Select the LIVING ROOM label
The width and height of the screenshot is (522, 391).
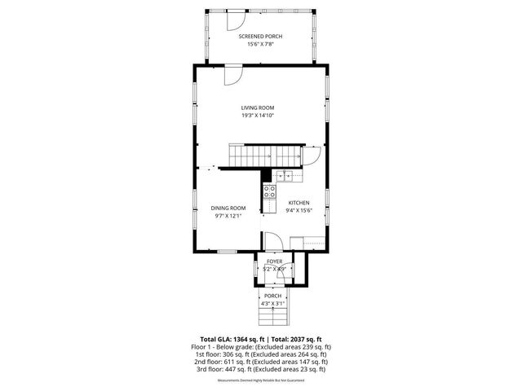pos(257,108)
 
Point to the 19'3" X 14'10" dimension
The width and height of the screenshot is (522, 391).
pos(257,116)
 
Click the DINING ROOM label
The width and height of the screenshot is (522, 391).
pos(228,208)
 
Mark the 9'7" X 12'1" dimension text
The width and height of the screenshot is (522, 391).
pos(228,216)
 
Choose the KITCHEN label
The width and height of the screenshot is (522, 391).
pos(299,202)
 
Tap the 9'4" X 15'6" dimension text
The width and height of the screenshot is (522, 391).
pos(299,210)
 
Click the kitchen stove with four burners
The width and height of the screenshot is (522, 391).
pos(269,192)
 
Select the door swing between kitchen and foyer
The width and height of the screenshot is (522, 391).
pos(273,240)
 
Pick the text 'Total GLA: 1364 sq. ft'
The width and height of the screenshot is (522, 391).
pos(231,339)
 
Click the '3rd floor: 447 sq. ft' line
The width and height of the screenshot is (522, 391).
pos(261,369)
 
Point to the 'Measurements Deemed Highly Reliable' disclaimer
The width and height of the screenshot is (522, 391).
pos(261,380)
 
